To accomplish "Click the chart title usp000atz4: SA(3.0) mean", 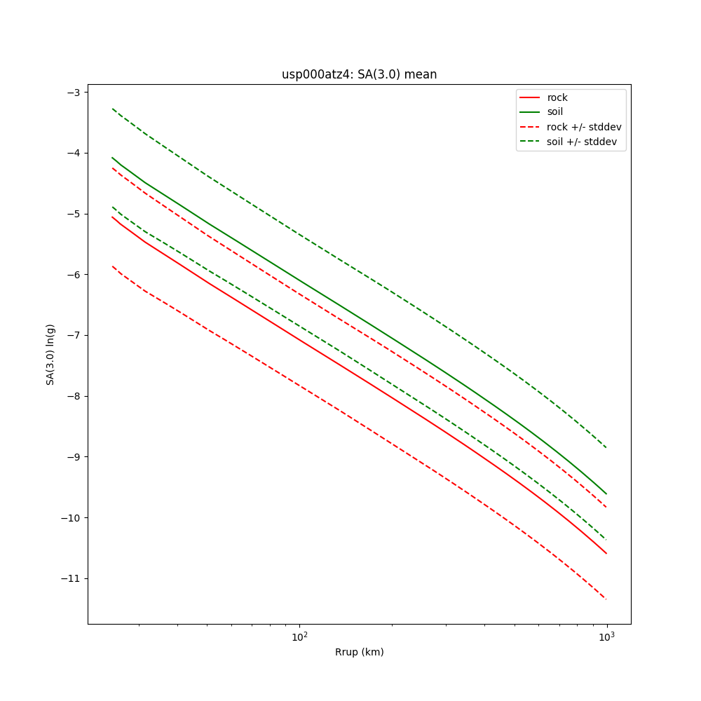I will pyautogui.click(x=359, y=74).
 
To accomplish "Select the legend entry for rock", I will pyautogui.click(x=557, y=97).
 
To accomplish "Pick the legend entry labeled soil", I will pyautogui.click(x=554, y=112).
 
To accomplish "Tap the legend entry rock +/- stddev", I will pyautogui.click(x=584, y=127).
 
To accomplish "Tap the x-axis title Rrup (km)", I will pyautogui.click(x=359, y=652).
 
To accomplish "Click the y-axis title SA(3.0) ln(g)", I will pyautogui.click(x=50, y=354).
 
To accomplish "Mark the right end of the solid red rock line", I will pyautogui.click(x=606, y=554).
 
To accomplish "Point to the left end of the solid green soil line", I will pyautogui.click(x=112, y=157).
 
